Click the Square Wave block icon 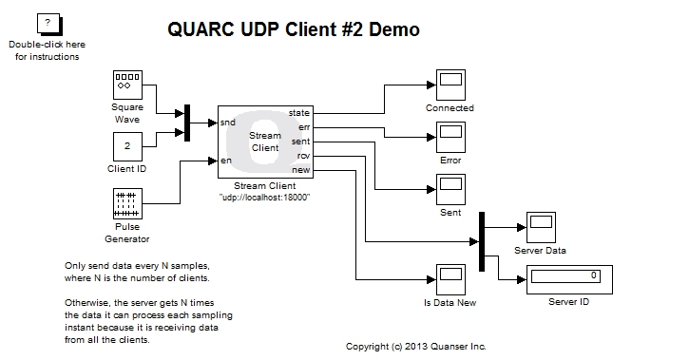point(126,85)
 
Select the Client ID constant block point(126,146)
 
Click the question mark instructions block point(48,23)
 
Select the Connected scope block point(450,85)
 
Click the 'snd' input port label point(228,123)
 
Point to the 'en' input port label point(225,160)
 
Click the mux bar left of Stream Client point(187,122)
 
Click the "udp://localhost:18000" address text point(265,197)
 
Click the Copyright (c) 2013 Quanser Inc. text point(415,346)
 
